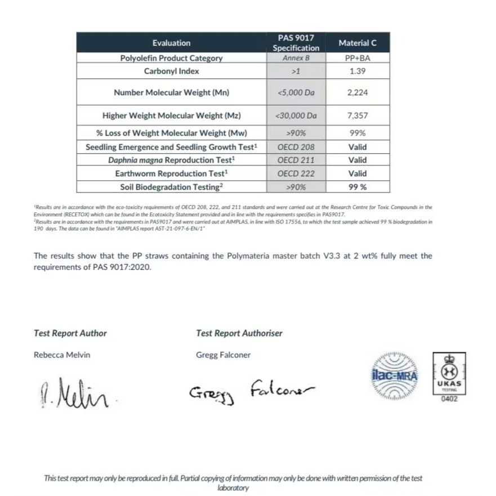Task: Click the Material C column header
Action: (358, 43)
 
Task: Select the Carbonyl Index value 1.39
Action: (358, 72)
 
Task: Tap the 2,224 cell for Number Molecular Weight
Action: (358, 92)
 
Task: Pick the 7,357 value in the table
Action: (358, 115)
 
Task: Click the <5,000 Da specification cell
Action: (296, 92)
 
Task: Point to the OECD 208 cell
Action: (296, 147)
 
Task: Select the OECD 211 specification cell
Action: (296, 160)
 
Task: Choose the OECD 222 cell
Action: (296, 174)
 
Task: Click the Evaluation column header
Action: (171, 43)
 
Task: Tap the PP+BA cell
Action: (358, 58)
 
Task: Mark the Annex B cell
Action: (296, 58)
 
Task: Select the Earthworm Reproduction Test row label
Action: (171, 174)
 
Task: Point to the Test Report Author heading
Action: (70, 333)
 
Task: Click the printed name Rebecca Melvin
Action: (62, 355)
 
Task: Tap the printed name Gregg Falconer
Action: (224, 355)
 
